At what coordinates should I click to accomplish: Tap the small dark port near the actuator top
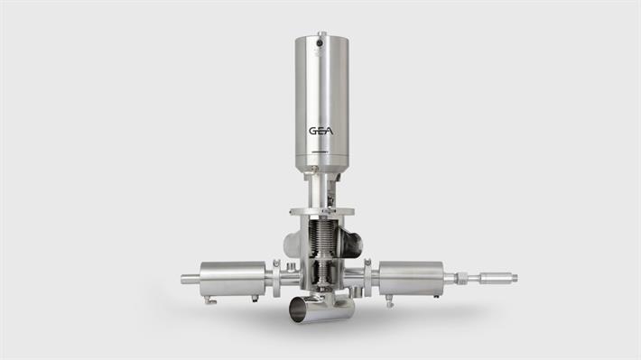(x=320, y=44)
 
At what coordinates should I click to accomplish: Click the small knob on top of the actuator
(x=320, y=33)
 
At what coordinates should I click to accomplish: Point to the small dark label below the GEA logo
(x=320, y=152)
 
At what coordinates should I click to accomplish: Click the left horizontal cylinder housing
(x=232, y=278)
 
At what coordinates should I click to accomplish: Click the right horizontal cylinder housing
(x=411, y=278)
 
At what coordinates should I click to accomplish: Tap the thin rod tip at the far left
(x=186, y=279)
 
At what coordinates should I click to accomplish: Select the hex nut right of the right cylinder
(x=461, y=278)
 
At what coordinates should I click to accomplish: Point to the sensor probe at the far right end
(x=497, y=278)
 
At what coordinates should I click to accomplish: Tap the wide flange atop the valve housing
(x=320, y=213)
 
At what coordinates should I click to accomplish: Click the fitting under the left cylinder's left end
(x=209, y=300)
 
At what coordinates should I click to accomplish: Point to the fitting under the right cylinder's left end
(x=389, y=301)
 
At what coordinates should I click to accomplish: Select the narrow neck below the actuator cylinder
(x=320, y=190)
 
